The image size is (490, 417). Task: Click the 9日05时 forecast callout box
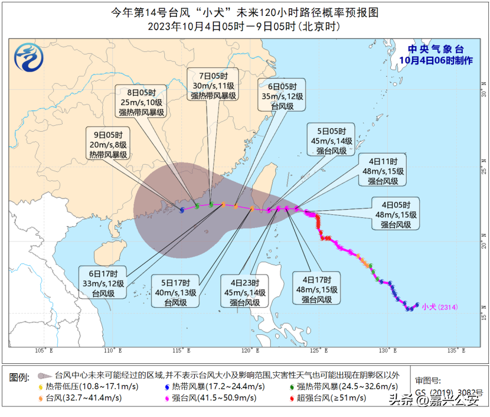click(x=108, y=144)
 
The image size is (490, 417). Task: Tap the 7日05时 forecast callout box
click(x=213, y=85)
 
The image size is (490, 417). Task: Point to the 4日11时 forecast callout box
click(x=384, y=171)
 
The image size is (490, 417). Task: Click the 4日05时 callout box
click(x=396, y=214)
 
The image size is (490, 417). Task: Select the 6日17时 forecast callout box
click(x=103, y=283)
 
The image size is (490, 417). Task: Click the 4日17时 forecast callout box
click(x=317, y=289)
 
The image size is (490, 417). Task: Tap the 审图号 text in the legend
click(x=427, y=380)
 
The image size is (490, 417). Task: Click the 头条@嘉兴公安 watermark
click(x=434, y=402)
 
